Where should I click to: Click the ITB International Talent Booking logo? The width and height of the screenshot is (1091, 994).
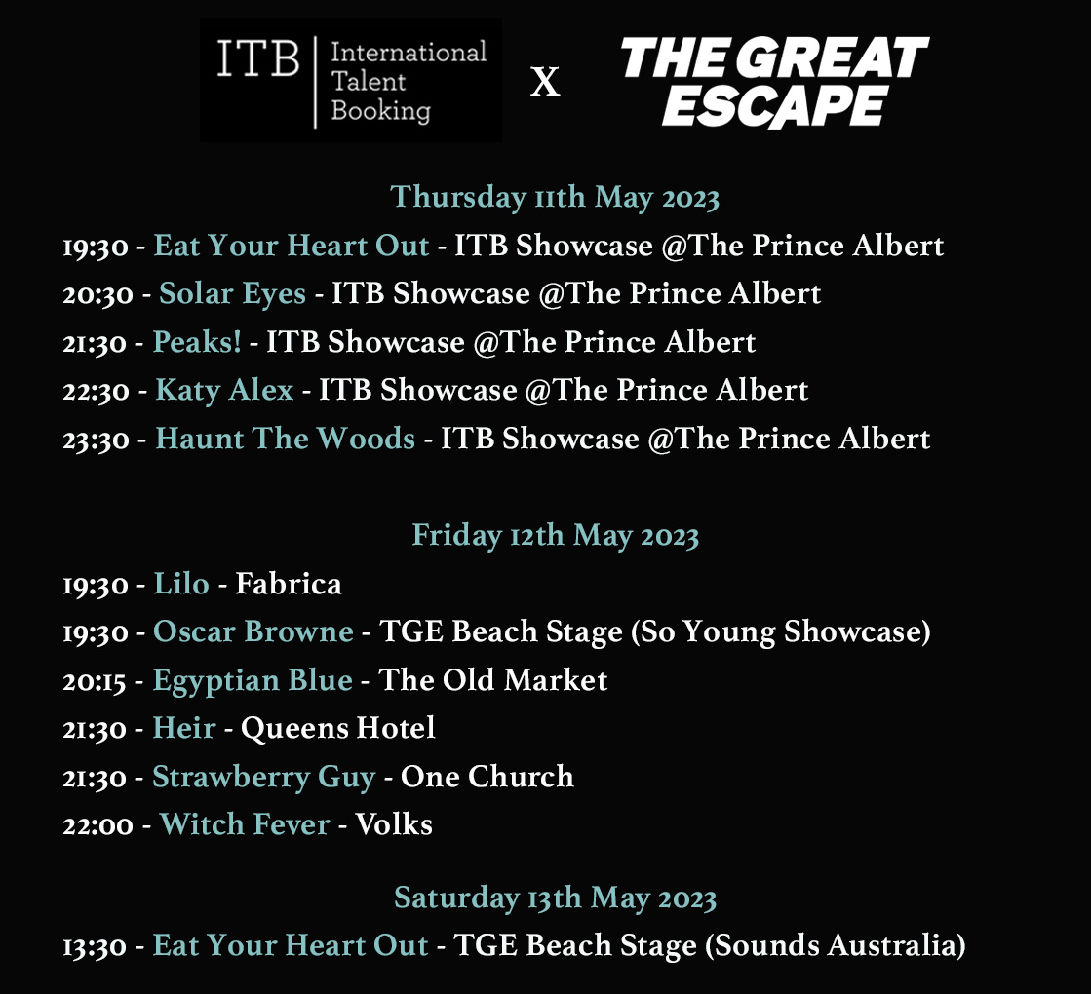click(x=351, y=81)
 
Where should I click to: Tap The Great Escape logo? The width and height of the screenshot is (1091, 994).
click(x=774, y=82)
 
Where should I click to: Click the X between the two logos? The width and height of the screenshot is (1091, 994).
click(x=545, y=83)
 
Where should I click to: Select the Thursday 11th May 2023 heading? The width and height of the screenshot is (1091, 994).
click(x=555, y=197)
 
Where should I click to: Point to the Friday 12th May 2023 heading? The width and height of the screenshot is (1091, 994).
click(x=555, y=535)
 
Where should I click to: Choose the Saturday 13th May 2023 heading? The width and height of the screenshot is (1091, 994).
click(x=555, y=898)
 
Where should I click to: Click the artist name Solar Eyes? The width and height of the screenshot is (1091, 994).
click(x=232, y=293)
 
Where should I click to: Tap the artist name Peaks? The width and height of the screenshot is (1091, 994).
click(x=197, y=342)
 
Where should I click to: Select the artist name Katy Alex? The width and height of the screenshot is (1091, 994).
click(x=224, y=390)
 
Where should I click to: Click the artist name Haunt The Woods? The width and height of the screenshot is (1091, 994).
click(x=285, y=439)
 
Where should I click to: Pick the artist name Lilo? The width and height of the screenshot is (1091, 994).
click(x=181, y=584)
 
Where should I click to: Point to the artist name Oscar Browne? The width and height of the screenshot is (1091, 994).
click(x=253, y=631)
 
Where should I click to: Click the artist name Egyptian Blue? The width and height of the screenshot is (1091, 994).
click(x=253, y=679)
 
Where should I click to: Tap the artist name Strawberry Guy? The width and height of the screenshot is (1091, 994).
click(x=263, y=777)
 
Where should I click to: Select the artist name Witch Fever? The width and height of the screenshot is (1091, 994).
click(x=245, y=824)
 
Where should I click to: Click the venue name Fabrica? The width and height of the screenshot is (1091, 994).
click(x=289, y=584)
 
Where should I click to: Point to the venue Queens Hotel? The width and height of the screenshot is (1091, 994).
click(x=337, y=728)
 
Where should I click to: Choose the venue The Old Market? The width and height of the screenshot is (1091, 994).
click(x=492, y=679)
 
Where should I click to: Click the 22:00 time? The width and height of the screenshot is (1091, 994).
click(x=97, y=825)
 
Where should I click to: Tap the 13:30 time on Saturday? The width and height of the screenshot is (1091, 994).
click(x=96, y=945)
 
